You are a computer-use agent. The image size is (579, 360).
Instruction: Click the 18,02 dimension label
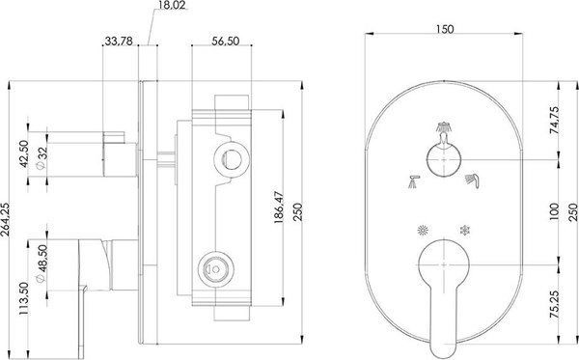click(173, 5)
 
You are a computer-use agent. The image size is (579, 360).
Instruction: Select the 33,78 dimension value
click(119, 41)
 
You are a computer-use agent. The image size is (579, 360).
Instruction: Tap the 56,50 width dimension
click(225, 41)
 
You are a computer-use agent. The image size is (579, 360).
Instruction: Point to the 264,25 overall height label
click(5, 219)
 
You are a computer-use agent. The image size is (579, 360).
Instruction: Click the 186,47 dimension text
click(279, 208)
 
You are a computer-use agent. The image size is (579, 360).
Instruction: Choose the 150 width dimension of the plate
click(445, 29)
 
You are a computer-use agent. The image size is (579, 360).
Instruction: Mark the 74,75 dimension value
click(554, 120)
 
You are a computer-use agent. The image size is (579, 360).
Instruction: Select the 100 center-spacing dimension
click(554, 212)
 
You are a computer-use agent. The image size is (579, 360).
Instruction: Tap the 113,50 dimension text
click(24, 298)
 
